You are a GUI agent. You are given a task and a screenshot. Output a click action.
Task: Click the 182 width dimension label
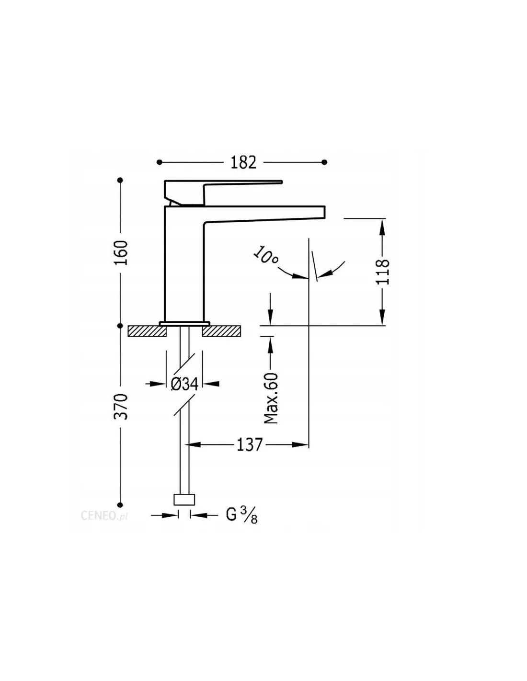pos(243,162)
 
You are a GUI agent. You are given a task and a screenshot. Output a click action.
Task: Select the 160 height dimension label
pos(121,252)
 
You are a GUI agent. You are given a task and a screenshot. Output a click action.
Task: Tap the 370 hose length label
pos(121,407)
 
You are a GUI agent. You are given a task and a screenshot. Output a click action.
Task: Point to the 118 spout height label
pos(382,272)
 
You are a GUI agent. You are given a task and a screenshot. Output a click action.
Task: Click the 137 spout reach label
pos(249,444)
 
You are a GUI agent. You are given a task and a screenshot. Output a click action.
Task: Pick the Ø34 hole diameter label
pos(184,384)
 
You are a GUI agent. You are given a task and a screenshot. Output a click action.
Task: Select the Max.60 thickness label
pos(271,398)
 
